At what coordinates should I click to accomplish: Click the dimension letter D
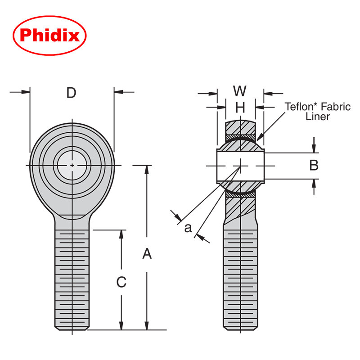click(x=71, y=93)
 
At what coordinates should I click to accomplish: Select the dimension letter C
click(x=121, y=282)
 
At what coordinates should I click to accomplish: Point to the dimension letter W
click(x=240, y=91)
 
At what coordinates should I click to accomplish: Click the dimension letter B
click(x=314, y=166)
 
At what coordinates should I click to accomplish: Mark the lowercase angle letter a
click(x=188, y=228)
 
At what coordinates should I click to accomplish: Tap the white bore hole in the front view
click(x=72, y=166)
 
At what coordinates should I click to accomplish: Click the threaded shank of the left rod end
click(x=72, y=279)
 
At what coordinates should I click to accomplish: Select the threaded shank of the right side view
click(x=241, y=279)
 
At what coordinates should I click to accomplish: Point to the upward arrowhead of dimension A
click(x=147, y=169)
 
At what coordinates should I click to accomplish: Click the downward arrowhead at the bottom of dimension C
click(x=121, y=326)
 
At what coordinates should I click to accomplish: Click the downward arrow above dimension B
click(x=314, y=149)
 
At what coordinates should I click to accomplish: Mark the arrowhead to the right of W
click(x=267, y=94)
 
